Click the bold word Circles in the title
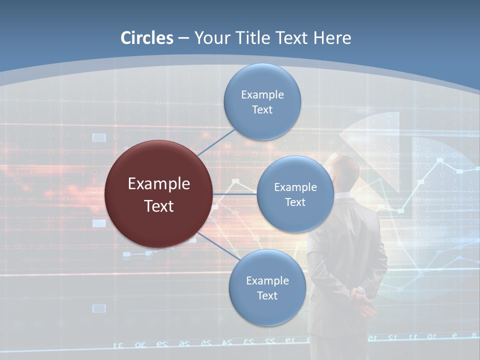(x=147, y=38)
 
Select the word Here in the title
(x=332, y=38)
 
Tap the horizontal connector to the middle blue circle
(x=235, y=194)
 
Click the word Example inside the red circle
(x=159, y=183)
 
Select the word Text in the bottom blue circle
(x=267, y=295)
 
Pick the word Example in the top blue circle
(x=262, y=94)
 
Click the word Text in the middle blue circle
(x=295, y=202)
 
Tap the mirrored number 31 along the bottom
(x=118, y=345)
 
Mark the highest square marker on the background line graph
(x=440, y=160)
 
